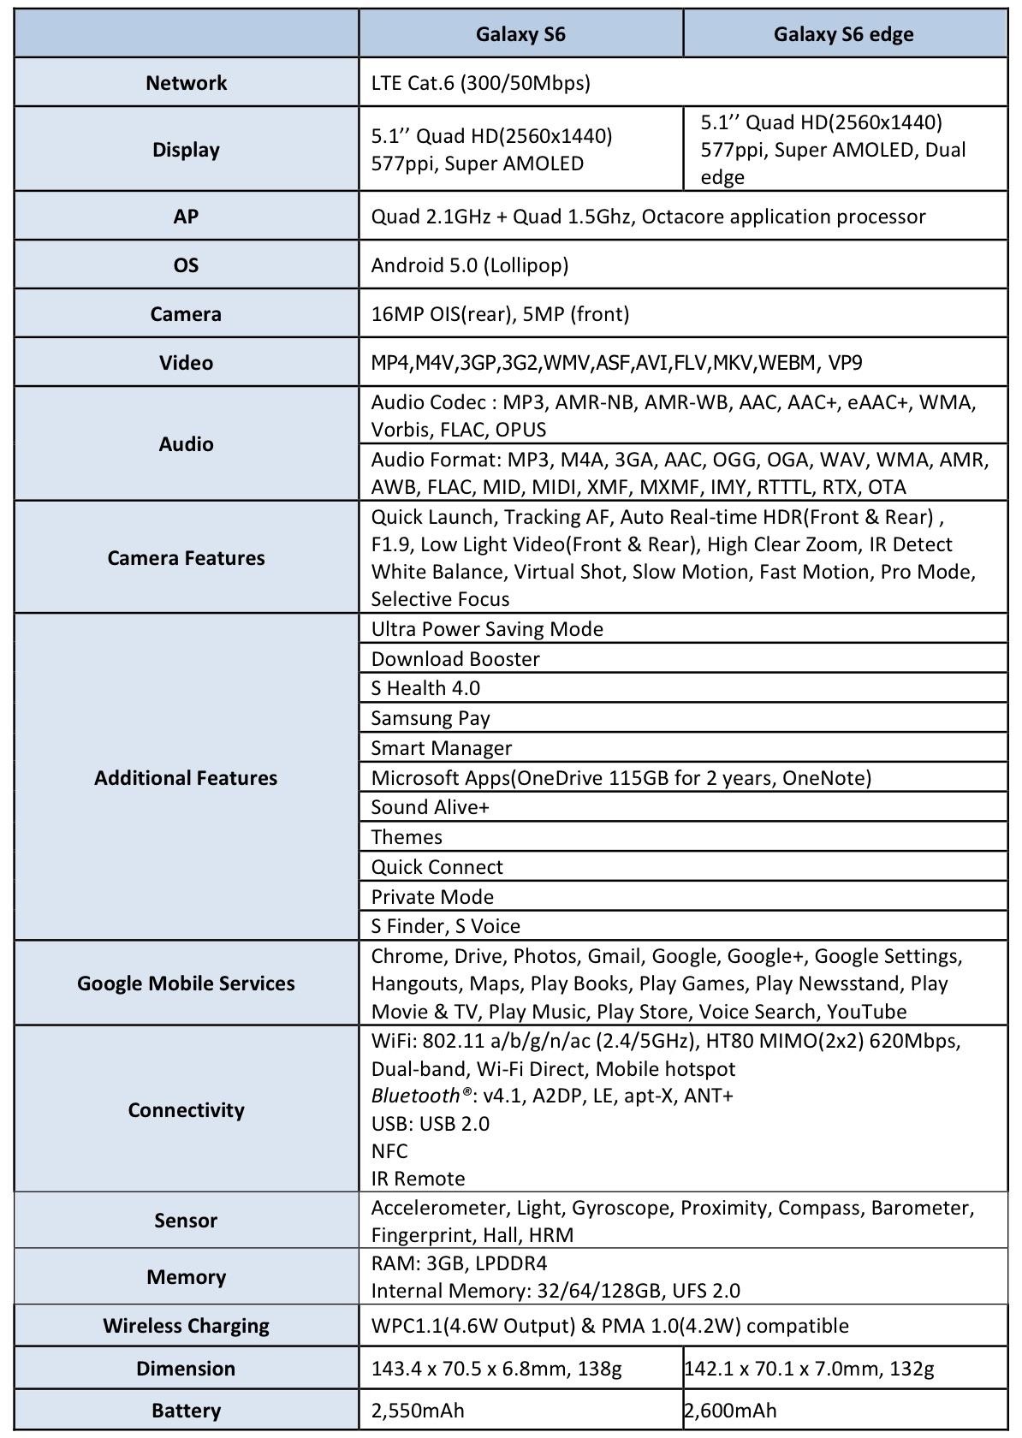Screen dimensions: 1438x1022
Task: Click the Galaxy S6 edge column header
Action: (x=843, y=34)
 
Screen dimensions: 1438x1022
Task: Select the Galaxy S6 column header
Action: (x=520, y=34)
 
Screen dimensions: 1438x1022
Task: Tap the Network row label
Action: (x=186, y=83)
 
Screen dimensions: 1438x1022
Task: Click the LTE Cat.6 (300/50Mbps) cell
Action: (x=480, y=83)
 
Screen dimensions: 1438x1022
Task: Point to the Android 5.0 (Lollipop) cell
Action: (x=469, y=265)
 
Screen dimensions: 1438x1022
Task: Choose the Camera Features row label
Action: (x=186, y=558)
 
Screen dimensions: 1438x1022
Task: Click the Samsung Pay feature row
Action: (x=430, y=718)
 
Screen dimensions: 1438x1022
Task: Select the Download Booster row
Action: (x=455, y=659)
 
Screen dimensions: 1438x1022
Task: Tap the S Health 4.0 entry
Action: (x=425, y=688)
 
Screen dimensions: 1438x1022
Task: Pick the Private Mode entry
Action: (x=431, y=897)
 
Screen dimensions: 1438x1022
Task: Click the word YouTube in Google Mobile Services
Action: (x=866, y=1012)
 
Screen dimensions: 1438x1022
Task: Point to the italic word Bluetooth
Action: (x=415, y=1096)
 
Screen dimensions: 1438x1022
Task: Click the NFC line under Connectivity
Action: (x=389, y=1151)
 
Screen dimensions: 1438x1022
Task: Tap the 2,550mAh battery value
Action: (x=418, y=1411)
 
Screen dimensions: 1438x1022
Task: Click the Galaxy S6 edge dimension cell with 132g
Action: (x=809, y=1369)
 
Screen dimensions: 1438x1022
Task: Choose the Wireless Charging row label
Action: (x=186, y=1326)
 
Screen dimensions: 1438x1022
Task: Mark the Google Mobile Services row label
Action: (x=186, y=983)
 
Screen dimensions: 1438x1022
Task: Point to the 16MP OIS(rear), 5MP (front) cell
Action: (x=500, y=314)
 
